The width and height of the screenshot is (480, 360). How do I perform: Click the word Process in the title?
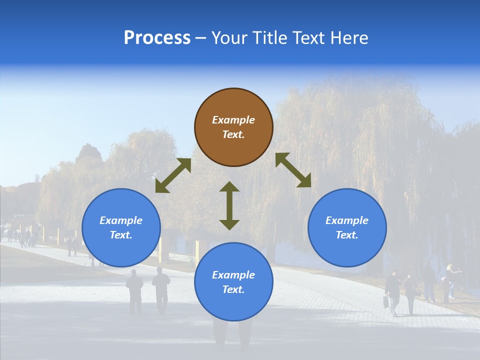pos(157,38)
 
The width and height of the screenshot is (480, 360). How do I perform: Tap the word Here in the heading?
pos(350,38)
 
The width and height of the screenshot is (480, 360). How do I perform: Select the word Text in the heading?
pos(310,38)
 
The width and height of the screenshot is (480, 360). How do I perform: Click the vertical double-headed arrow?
pos(229,205)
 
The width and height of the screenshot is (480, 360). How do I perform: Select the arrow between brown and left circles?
pos(173,175)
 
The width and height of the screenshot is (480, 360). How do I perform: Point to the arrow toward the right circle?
pos(293,170)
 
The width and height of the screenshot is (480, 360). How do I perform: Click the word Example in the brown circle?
pos(233,120)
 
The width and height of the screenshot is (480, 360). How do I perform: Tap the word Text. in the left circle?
pos(121,235)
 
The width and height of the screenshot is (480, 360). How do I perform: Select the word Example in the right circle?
pos(347,220)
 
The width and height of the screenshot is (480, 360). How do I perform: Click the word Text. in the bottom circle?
pos(233,289)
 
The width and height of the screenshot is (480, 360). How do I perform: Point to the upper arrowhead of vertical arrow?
pos(229,187)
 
